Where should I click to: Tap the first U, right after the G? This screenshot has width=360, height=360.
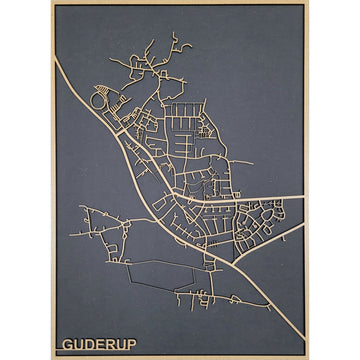(78, 344)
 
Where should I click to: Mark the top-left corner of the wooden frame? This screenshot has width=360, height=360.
(52, 3)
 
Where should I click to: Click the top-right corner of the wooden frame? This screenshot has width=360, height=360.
(307, 3)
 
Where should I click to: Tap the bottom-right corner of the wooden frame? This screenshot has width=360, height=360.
(307, 357)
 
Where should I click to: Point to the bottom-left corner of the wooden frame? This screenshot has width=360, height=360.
(52, 357)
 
